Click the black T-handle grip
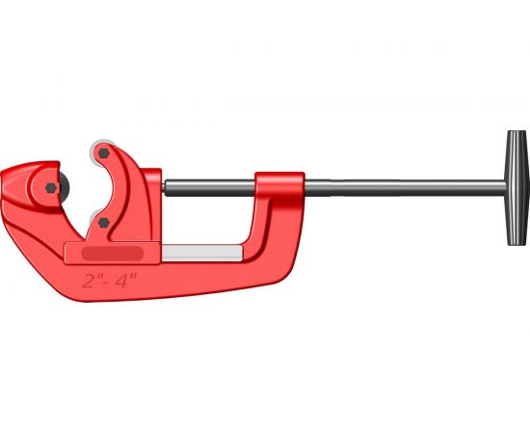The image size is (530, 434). coord(517,188)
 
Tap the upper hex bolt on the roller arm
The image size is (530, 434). coord(104,153)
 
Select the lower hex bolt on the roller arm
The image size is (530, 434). coord(103,222)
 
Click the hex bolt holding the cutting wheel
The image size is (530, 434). coord(51,188)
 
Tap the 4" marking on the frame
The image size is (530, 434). coord(125,281)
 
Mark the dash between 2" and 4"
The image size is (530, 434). coord(107,282)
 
